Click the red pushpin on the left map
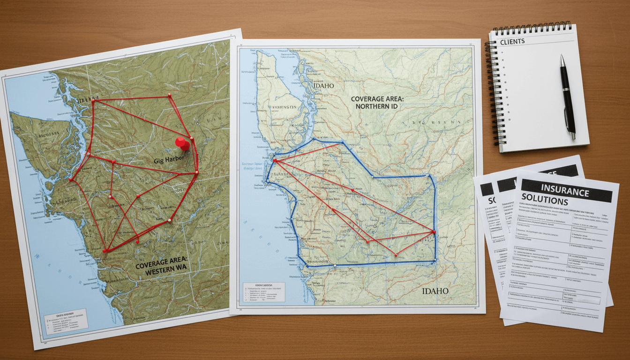pos(182,143)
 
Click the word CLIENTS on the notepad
pos(512,41)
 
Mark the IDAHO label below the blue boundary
pos(435,291)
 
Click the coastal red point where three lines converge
pos(275,161)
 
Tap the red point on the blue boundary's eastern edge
pos(434,232)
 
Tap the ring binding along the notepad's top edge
pos(532,28)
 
